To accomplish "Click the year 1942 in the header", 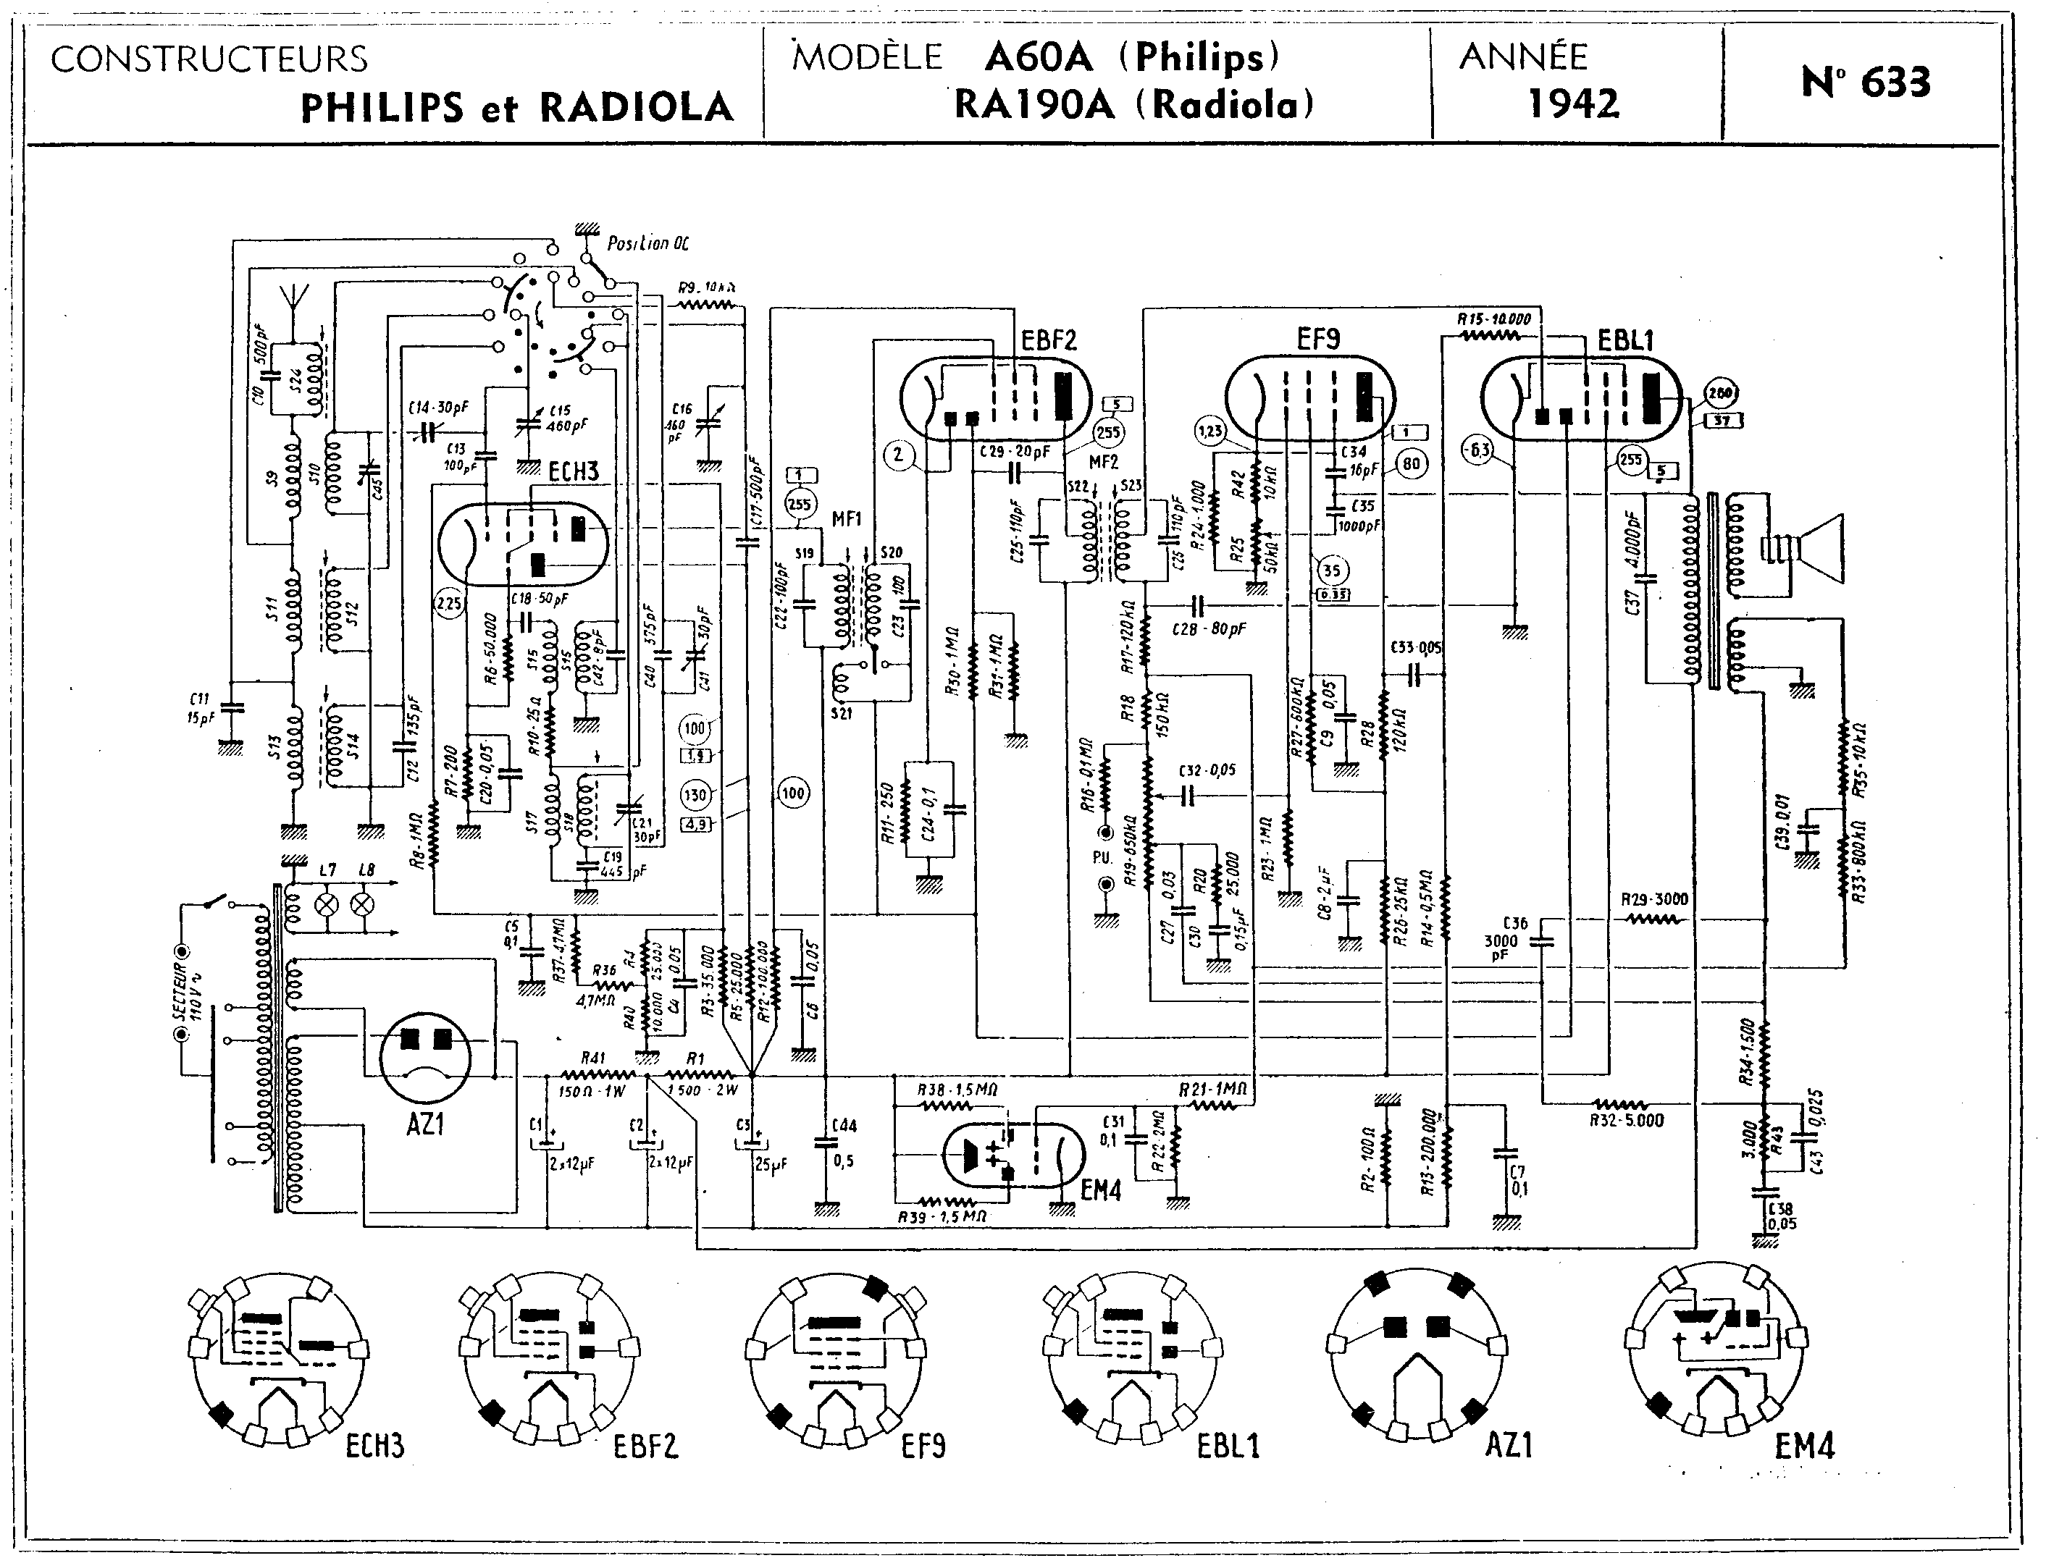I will click(x=1573, y=103).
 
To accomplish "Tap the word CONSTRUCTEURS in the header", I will click(x=209, y=59).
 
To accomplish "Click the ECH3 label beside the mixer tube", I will click(x=573, y=471).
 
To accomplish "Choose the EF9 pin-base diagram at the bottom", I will click(x=837, y=1359).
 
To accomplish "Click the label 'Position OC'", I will click(x=647, y=244).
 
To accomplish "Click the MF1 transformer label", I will click(x=847, y=519).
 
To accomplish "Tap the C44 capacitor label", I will click(x=844, y=1126).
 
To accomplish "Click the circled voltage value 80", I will click(x=1411, y=463).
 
